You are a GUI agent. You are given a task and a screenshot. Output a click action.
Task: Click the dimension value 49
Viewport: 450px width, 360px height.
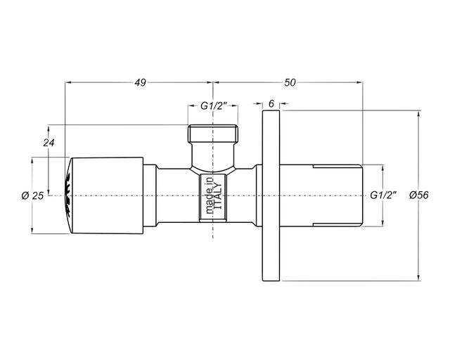pos(141,83)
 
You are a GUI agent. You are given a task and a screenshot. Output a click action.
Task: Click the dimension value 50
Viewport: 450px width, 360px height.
pos(290,83)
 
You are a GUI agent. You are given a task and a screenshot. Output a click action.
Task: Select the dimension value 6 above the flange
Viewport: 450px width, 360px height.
pos(271,103)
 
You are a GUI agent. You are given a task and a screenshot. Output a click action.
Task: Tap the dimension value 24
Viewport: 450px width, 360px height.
pos(49,143)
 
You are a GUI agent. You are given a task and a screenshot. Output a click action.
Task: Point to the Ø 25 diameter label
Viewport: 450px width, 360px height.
pos(33,195)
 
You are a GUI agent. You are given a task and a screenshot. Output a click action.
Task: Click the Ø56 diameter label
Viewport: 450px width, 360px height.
pos(419,195)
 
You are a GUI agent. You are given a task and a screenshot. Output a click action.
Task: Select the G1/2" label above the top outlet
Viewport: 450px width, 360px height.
pos(214,106)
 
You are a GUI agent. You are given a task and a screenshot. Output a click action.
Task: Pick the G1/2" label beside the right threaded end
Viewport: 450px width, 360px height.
pos(383,195)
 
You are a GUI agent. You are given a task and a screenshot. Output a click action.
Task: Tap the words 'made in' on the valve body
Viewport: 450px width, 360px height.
pos(210,195)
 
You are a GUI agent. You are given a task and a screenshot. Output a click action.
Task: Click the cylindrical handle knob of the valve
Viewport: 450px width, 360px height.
pos(106,195)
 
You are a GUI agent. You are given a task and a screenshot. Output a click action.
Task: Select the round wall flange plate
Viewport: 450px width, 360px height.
pos(271,195)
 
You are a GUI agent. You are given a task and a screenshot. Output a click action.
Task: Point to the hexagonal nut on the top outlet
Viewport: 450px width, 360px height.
pos(213,134)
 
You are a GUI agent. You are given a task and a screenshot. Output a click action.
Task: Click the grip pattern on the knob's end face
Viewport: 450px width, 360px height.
pos(68,195)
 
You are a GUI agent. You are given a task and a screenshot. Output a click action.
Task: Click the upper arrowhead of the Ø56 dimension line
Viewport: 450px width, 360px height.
pos(419,112)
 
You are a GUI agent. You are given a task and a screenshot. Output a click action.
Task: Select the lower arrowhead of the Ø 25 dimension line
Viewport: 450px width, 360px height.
pos(32,231)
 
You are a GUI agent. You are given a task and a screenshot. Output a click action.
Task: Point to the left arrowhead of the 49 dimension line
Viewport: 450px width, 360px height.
pos(68,83)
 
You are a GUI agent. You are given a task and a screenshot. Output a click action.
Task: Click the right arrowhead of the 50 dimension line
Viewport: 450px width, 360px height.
pos(359,83)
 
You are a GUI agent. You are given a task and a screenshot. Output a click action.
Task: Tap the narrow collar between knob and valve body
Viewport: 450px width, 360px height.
pos(150,195)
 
